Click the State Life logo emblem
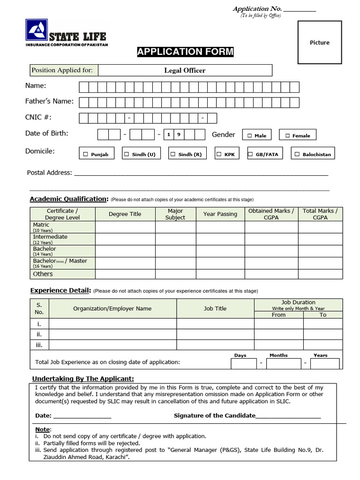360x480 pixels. click(x=37, y=32)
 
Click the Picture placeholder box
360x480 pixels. click(x=320, y=43)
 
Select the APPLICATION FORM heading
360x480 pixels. click(x=185, y=52)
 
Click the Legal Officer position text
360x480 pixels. click(x=185, y=70)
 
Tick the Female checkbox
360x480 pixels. click(x=287, y=135)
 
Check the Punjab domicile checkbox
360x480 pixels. click(x=86, y=154)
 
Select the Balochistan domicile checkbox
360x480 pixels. click(x=297, y=154)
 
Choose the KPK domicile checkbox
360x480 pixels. click(x=219, y=154)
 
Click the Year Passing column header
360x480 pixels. click(x=220, y=214)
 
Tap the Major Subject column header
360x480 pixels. click(x=175, y=214)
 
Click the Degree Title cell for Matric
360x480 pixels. click(x=125, y=227)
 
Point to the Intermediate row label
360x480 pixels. click(x=50, y=237)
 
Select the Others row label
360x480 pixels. click(x=43, y=274)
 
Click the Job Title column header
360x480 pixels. click(x=215, y=308)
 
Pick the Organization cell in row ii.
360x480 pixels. click(x=112, y=334)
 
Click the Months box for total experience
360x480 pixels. click(x=284, y=363)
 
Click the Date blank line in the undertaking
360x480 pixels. click(x=82, y=416)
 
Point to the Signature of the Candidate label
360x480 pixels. click(x=214, y=415)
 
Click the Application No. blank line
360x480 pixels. click(x=300, y=9)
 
